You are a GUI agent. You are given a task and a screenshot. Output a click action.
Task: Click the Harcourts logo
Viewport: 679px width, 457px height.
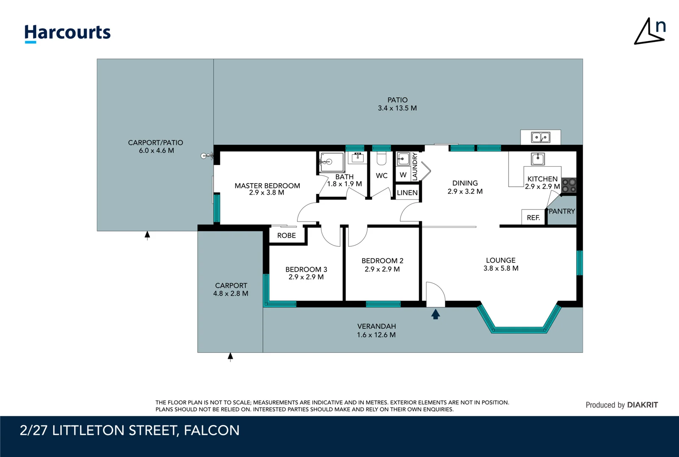[x=67, y=33]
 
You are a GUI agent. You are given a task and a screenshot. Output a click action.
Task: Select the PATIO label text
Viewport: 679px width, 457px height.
[x=397, y=100]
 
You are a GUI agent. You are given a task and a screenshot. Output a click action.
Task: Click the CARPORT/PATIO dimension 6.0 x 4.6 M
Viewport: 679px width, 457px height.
[x=156, y=151]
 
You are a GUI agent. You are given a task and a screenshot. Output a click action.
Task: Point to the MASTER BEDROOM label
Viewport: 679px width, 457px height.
[x=267, y=186]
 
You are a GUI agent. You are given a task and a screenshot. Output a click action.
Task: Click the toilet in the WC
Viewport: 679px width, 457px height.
[x=382, y=159]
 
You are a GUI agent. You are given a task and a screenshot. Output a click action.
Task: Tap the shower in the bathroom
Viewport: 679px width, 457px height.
[x=331, y=162]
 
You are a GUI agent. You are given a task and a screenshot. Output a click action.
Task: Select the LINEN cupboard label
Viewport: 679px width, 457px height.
[x=407, y=193]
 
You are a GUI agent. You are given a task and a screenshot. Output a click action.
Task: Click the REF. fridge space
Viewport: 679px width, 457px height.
[x=533, y=217]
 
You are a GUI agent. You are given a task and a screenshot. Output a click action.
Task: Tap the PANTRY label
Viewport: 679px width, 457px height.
[x=562, y=211]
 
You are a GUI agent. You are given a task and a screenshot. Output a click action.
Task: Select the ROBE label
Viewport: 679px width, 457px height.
[x=286, y=236]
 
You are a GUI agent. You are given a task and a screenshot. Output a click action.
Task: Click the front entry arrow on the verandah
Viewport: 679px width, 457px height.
[x=435, y=314]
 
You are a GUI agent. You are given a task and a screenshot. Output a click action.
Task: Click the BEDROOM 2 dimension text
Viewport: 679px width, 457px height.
[x=382, y=269]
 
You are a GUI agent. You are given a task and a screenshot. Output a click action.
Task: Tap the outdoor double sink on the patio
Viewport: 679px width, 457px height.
[x=540, y=138]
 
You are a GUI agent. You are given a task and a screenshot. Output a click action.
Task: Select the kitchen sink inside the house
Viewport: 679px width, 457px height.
[x=538, y=159]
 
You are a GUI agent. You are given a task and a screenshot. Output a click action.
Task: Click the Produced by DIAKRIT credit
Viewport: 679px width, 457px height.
[x=621, y=405]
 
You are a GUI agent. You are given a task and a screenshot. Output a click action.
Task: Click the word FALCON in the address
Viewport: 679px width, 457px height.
[x=212, y=430]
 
